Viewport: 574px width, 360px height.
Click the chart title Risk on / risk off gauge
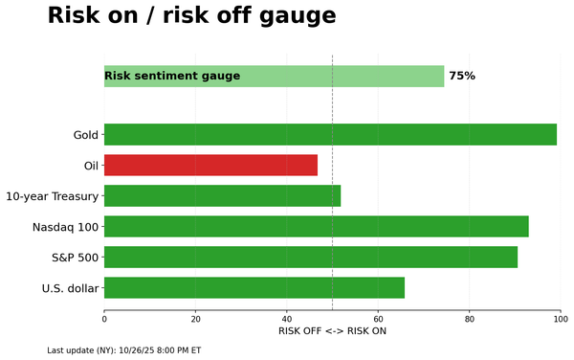click(191, 16)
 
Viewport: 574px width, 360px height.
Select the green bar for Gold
click(330, 134)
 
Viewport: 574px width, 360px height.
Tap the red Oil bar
click(210, 165)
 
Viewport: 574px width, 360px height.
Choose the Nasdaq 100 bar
click(316, 226)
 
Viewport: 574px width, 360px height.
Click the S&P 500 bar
click(310, 257)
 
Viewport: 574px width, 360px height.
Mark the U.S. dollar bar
click(254, 287)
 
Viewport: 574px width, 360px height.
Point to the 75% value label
click(462, 76)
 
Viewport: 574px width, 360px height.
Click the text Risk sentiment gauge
click(172, 76)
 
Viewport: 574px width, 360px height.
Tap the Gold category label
click(85, 135)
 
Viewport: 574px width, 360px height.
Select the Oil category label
click(91, 166)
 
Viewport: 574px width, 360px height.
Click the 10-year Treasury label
click(52, 196)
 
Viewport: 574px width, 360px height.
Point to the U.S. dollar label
click(70, 288)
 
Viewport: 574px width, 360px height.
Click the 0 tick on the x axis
click(104, 317)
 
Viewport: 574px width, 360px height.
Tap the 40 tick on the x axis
click(287, 317)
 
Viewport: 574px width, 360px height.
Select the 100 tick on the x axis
click(561, 317)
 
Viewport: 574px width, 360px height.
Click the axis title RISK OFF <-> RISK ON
click(332, 331)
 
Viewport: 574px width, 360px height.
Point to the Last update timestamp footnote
click(123, 350)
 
